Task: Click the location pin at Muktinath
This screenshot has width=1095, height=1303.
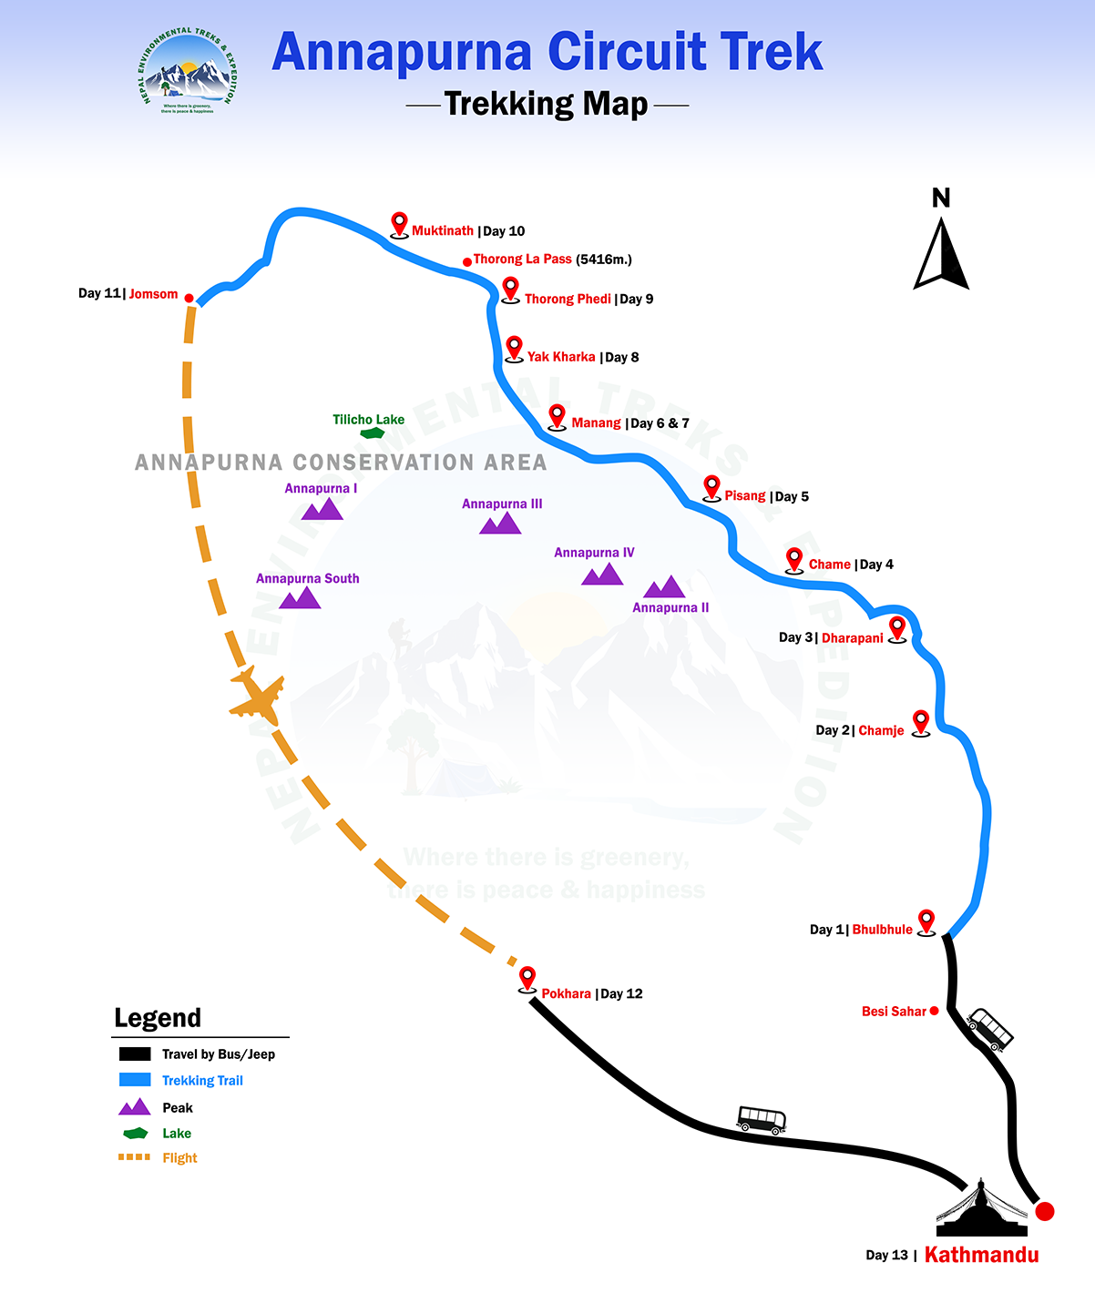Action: coord(399,224)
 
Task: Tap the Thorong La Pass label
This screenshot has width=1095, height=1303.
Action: coord(522,259)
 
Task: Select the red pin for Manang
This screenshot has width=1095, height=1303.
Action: coord(557,417)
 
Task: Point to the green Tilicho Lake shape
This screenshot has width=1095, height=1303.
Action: coord(371,433)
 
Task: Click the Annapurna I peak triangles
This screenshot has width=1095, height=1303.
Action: coord(322,508)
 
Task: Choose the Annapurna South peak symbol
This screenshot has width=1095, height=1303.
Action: coord(300,597)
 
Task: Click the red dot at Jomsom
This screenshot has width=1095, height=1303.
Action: coord(189,298)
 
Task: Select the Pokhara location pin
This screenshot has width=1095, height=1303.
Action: coord(527,979)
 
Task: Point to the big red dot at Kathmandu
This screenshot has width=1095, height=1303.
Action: coord(1045,1211)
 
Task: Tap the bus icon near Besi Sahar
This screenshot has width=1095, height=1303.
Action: coord(990,1029)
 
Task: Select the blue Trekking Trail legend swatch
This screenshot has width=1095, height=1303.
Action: coord(135,1080)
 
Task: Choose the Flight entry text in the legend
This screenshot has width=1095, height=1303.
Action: coord(179,1158)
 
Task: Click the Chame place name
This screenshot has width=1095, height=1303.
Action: coord(829,565)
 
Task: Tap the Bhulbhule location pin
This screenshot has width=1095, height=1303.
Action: coord(926,921)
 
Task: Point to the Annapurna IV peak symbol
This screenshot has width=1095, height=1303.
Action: coord(602,574)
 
